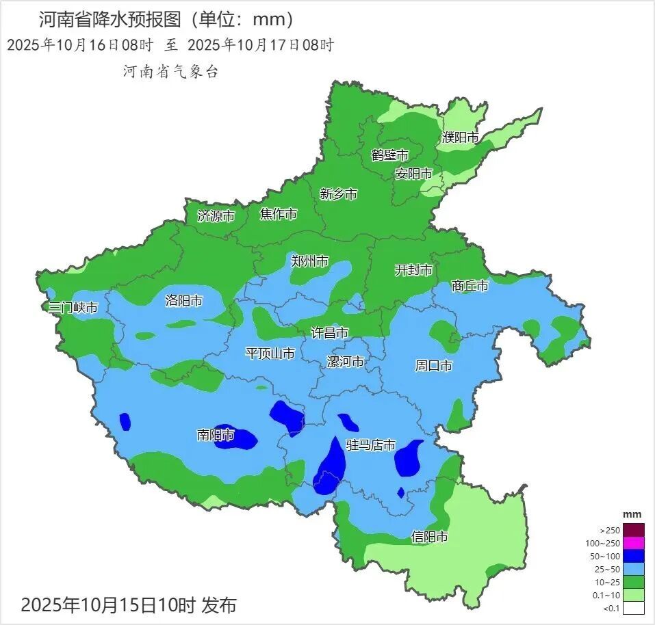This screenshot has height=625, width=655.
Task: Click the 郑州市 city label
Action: (309, 261)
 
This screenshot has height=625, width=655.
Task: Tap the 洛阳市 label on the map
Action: (184, 300)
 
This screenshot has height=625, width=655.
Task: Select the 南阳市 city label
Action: (216, 435)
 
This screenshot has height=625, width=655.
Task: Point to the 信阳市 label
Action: (430, 536)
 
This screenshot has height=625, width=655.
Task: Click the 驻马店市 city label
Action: (371, 445)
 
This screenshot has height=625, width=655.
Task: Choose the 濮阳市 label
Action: (460, 137)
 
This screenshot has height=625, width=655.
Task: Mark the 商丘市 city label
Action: (470, 286)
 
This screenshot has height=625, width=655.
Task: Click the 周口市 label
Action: (433, 366)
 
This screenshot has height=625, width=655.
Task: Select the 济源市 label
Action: (216, 216)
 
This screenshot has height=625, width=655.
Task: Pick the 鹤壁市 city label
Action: (389, 155)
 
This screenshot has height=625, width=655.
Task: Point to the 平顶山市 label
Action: (270, 354)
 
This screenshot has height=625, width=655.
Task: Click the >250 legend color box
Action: (633, 530)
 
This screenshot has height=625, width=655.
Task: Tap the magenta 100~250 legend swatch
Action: (633, 543)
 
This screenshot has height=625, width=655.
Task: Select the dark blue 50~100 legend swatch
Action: (633, 556)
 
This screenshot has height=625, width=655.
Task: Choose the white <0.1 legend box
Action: (633, 608)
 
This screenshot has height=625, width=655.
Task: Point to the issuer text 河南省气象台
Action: (170, 71)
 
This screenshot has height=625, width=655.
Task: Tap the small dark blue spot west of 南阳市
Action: (125, 421)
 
